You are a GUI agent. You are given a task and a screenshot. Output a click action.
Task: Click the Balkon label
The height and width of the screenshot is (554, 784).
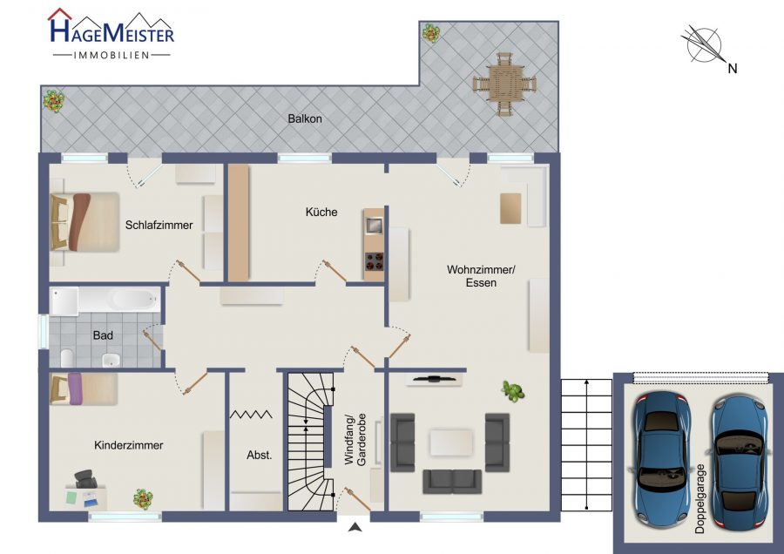pos(305,119)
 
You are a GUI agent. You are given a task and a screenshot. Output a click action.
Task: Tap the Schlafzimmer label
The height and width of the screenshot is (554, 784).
pos(159,225)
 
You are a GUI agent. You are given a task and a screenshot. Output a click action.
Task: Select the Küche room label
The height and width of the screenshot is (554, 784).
pos(321,212)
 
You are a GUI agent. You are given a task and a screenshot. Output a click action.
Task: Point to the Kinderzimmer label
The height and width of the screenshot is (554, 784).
pos(129,445)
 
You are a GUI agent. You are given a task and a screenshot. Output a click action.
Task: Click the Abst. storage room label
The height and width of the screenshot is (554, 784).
pos(260,455)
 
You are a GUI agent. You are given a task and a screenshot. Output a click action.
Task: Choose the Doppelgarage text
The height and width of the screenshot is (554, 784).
pos(700,498)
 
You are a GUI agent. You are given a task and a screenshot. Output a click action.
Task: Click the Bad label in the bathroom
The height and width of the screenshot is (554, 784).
pos(103,335)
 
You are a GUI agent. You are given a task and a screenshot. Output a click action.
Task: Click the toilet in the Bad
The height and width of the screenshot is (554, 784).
pos(67,358)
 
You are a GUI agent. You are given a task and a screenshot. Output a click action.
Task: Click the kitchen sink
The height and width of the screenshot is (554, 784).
pos(374,226)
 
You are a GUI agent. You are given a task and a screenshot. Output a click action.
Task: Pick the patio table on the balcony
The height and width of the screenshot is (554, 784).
pos(504,84)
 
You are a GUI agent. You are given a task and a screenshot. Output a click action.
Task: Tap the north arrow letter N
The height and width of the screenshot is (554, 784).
pos(733,69)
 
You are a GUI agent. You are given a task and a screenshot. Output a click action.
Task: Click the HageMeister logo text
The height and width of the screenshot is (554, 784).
pos(112,31)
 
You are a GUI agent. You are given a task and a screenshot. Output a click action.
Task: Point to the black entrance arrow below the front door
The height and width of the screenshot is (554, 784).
pos(355,526)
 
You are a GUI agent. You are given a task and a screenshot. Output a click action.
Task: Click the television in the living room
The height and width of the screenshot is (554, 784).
pos(434,379)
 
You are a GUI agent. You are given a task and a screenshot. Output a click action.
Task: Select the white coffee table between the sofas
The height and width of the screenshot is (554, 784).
pos(451,443)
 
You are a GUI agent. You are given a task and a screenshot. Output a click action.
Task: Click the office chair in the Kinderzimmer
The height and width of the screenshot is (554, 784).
pos(86,478)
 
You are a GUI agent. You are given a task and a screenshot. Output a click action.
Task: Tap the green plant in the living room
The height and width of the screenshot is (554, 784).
pos(512,390)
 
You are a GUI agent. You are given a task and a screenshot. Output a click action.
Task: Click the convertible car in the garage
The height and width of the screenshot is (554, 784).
pos(739,463)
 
